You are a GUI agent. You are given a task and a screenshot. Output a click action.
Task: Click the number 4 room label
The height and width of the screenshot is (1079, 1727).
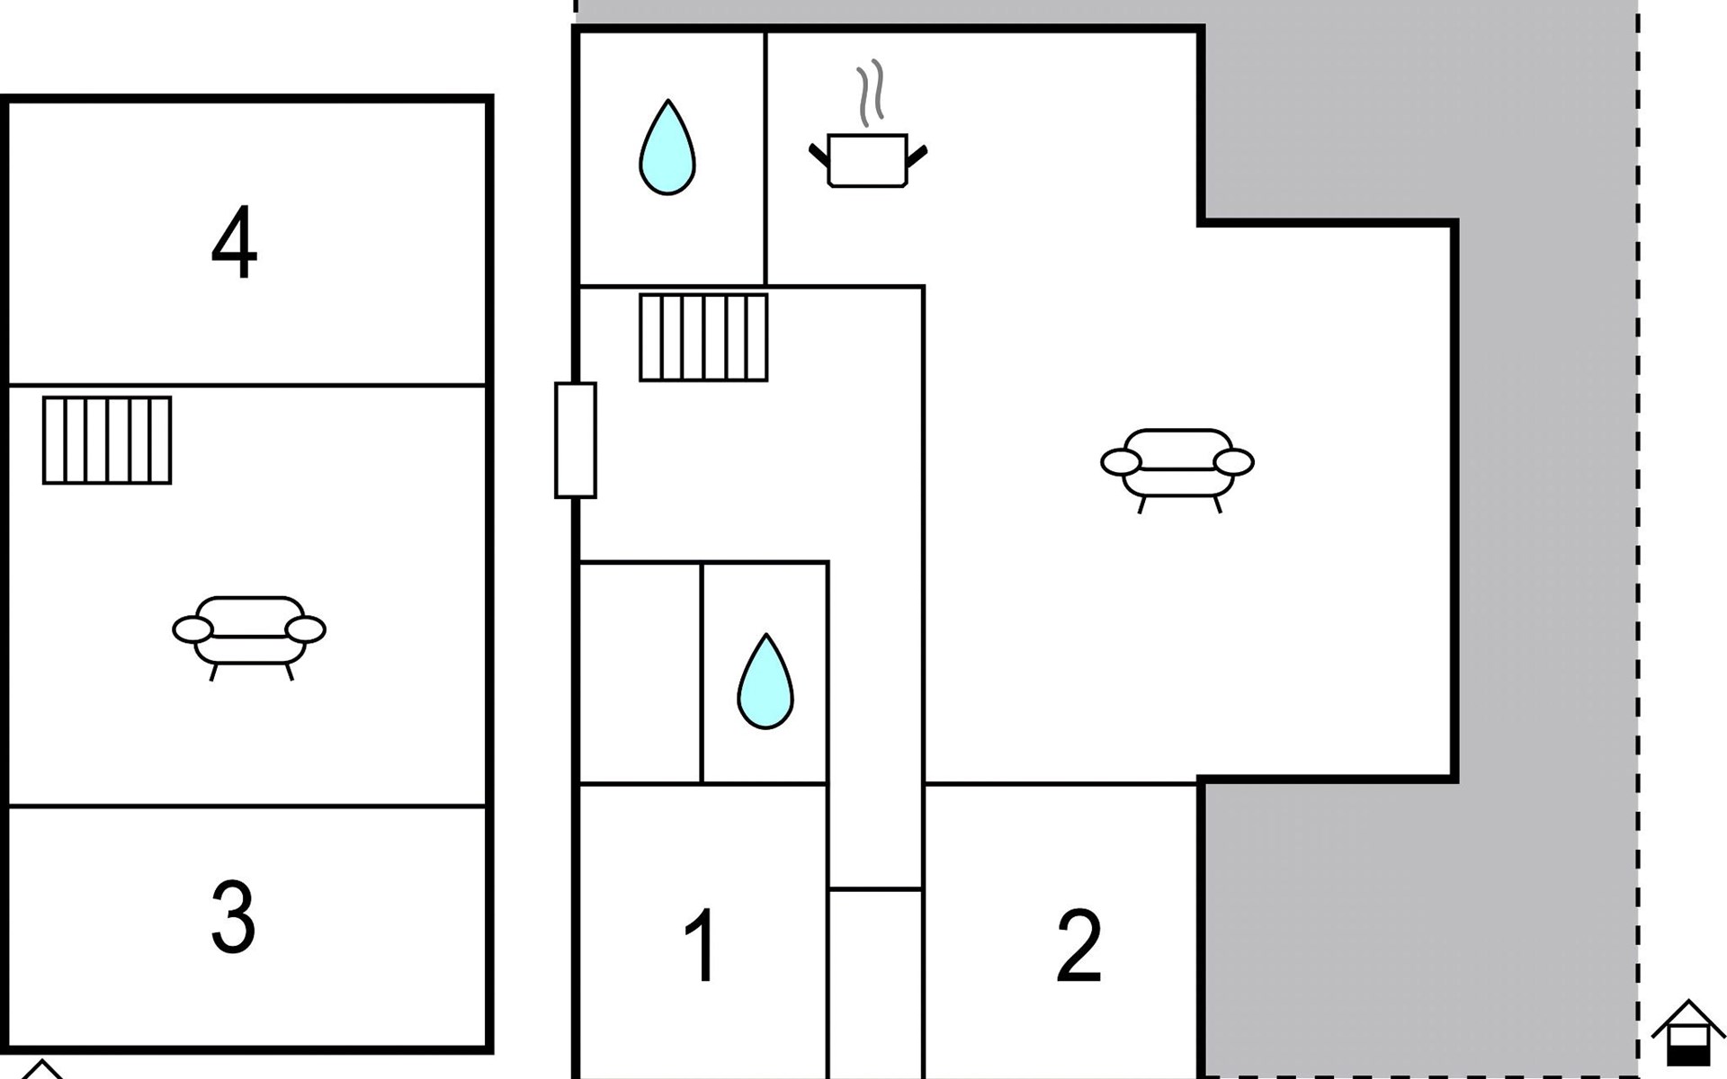pyautogui.click(x=234, y=243)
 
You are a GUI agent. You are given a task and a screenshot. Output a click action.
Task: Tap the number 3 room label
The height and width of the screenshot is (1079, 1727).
pyautogui.click(x=233, y=917)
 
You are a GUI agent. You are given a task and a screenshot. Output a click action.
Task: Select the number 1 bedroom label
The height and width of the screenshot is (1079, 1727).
pyautogui.click(x=701, y=946)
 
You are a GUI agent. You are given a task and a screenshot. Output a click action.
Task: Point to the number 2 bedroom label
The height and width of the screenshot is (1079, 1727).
pyautogui.click(x=1078, y=946)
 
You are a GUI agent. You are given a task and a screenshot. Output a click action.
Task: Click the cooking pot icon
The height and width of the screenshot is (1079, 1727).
pyautogui.click(x=867, y=161)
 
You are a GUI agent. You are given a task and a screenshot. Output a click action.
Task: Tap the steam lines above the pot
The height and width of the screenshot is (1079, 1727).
pyautogui.click(x=870, y=94)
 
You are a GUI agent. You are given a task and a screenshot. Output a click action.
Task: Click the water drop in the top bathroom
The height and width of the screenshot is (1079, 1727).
pyautogui.click(x=667, y=147)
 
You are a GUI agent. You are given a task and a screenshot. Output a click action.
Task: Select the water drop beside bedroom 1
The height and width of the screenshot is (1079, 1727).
pyautogui.click(x=765, y=682)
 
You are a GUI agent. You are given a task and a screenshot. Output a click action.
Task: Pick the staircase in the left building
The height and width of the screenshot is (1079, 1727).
pyautogui.click(x=107, y=441)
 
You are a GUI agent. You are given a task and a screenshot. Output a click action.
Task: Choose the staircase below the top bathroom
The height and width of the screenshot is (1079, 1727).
pyautogui.click(x=703, y=337)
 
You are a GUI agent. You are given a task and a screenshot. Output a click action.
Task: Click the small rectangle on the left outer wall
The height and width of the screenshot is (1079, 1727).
pyautogui.click(x=576, y=441)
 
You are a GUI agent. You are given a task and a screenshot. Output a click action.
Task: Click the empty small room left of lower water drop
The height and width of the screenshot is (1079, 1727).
pyautogui.click(x=640, y=673)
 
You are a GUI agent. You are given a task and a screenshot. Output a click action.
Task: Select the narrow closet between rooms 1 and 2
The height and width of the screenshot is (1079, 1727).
pyautogui.click(x=875, y=982)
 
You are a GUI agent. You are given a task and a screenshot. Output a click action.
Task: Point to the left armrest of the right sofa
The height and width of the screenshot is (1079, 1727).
pyautogui.click(x=1121, y=462)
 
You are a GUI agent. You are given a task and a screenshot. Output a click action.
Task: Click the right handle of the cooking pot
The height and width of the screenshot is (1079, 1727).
pyautogui.click(x=917, y=156)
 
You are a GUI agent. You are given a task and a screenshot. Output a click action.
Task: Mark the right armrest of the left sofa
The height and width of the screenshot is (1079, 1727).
pyautogui.click(x=306, y=629)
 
